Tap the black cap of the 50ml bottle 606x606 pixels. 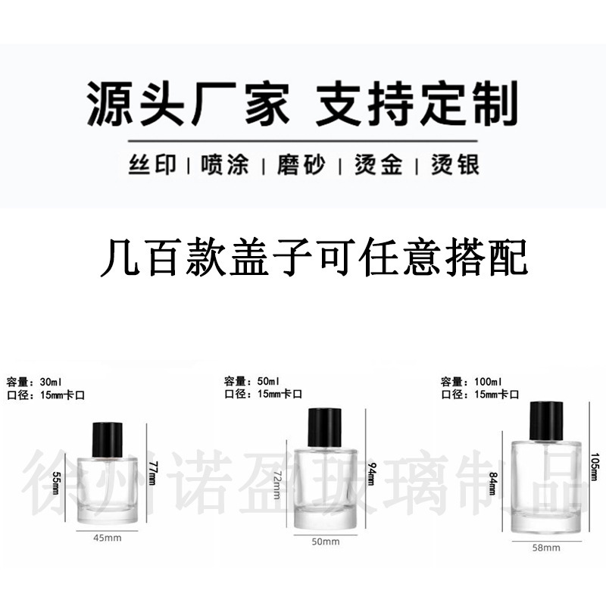[325, 427]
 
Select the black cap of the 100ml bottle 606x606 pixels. [545, 421]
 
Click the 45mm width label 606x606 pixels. [107, 539]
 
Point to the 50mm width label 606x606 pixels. [326, 542]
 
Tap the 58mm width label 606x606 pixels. [546, 547]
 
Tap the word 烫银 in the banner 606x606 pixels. [455, 164]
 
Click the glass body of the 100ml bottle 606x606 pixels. [545, 485]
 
